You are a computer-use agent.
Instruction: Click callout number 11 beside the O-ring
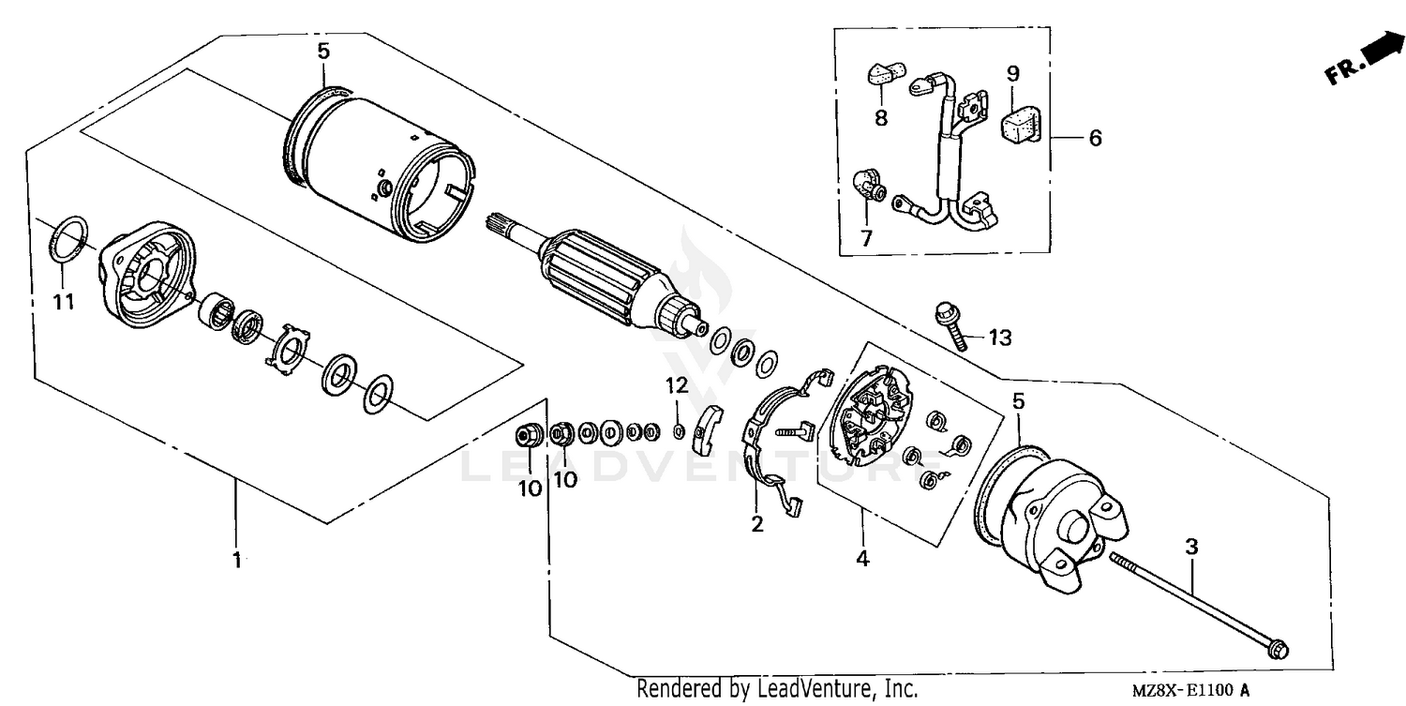[x=63, y=302]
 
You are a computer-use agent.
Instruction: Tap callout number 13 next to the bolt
[x=1000, y=338]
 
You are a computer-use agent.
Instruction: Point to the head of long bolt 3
[x=1279, y=650]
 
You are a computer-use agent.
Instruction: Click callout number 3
[x=1190, y=546]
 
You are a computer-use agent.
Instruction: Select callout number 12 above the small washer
[x=677, y=384]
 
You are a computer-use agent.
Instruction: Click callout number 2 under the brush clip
[x=756, y=524]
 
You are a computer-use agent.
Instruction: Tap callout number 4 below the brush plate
[x=861, y=559]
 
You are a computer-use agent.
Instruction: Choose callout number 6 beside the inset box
[x=1094, y=138]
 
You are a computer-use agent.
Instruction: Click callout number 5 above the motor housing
[x=323, y=51]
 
